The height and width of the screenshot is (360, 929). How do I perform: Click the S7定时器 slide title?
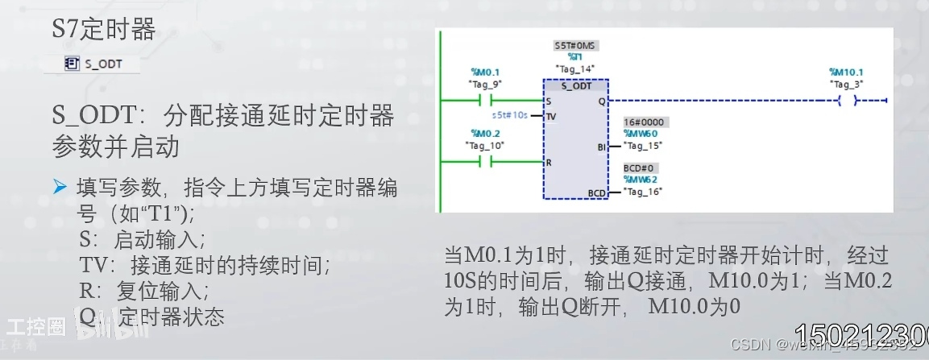[x=103, y=30]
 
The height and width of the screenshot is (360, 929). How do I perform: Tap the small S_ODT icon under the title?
[x=71, y=63]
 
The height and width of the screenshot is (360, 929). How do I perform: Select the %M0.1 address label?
[x=485, y=72]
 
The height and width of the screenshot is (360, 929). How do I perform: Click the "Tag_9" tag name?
[x=485, y=84]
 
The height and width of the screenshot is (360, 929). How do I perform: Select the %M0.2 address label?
[x=485, y=133]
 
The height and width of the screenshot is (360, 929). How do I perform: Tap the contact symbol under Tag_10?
[x=485, y=162]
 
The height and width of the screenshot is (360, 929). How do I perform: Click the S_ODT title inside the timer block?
[x=576, y=85]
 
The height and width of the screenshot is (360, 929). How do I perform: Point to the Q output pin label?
[x=601, y=102]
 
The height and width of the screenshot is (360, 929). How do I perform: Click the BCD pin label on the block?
[x=596, y=193]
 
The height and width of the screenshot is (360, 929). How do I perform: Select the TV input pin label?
[x=552, y=116]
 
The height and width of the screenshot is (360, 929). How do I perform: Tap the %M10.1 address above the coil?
[x=847, y=72]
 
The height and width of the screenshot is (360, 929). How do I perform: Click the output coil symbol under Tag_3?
[x=847, y=101]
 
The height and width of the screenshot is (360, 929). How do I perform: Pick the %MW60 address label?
[x=639, y=134]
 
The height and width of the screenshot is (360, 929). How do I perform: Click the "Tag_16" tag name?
[x=642, y=192]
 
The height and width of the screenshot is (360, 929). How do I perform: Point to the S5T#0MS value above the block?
[x=575, y=46]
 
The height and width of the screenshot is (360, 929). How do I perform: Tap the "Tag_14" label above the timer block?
[x=574, y=68]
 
